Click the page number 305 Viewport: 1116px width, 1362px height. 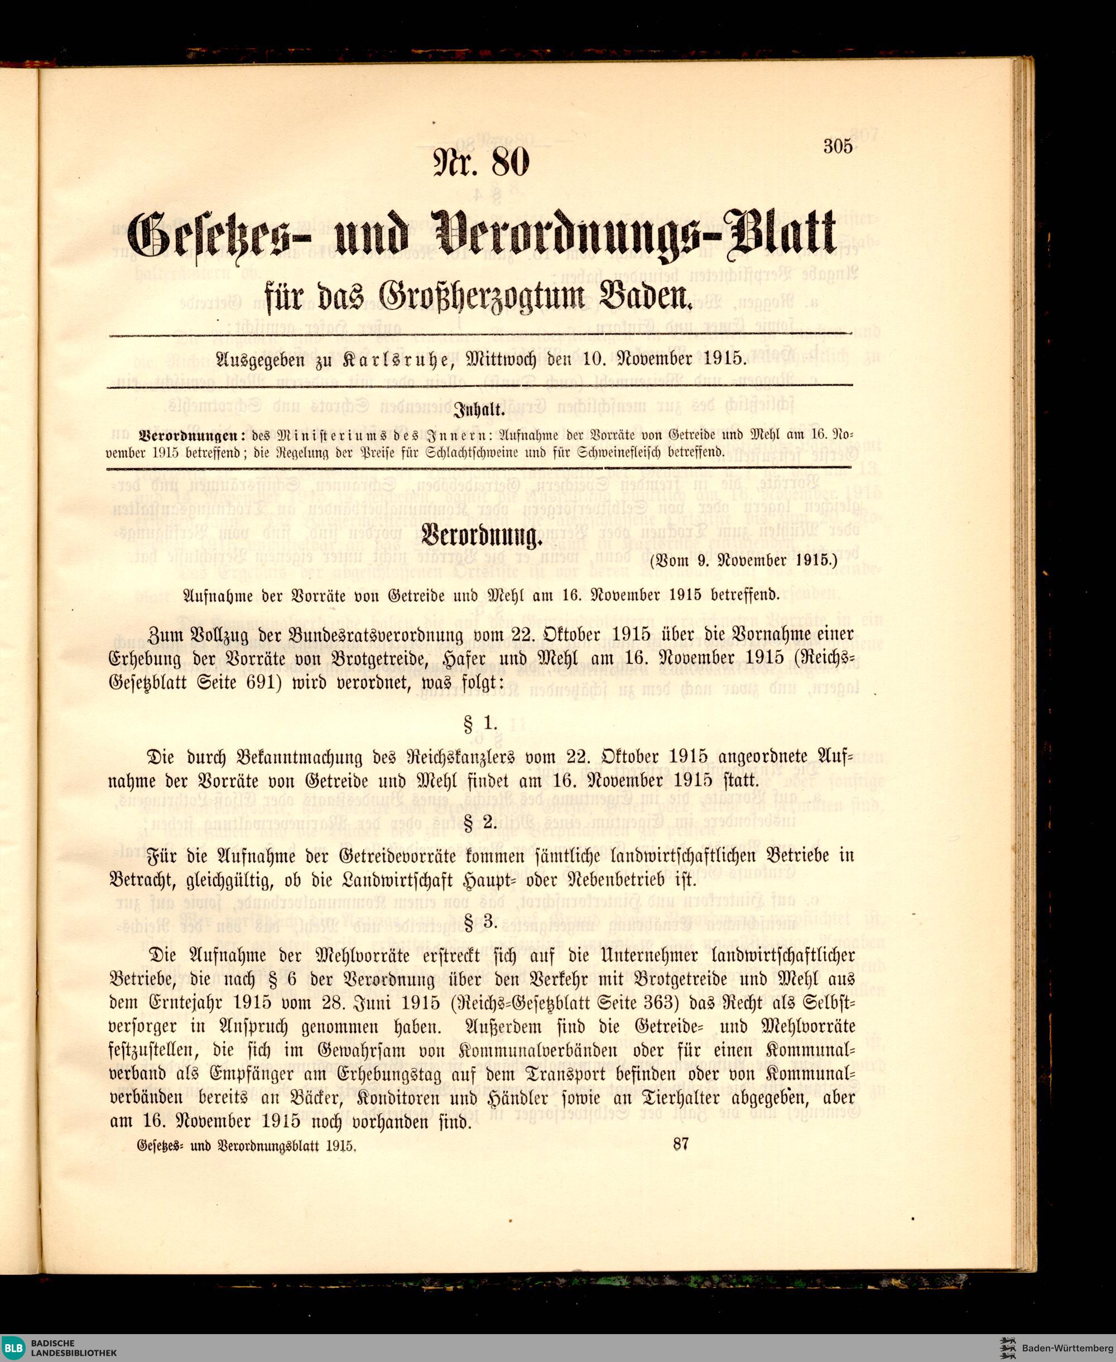[838, 147]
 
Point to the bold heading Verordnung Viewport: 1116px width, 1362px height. [482, 536]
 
